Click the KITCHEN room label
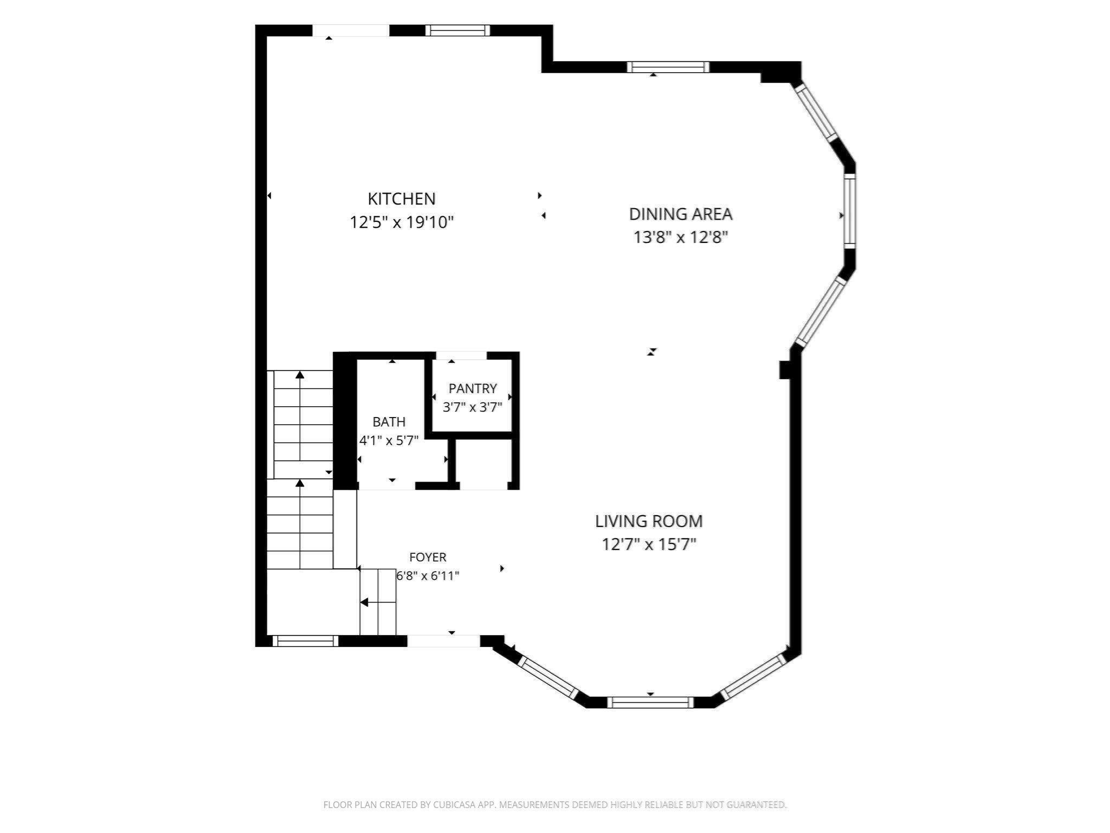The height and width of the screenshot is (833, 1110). tap(402, 199)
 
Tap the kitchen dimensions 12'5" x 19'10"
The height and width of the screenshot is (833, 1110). tap(402, 222)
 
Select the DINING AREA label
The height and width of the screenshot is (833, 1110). tap(681, 214)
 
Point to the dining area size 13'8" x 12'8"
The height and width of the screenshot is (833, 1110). tap(681, 238)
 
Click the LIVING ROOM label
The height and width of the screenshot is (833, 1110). tap(649, 521)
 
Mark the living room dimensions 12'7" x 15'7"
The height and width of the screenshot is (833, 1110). tap(649, 544)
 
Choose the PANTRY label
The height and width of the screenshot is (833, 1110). tap(473, 388)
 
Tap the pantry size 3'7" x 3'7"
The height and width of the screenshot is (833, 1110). tap(473, 407)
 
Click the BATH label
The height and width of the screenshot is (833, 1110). tap(389, 422)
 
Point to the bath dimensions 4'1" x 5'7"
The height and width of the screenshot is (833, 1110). tap(389, 440)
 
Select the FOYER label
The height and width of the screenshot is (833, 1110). tap(428, 557)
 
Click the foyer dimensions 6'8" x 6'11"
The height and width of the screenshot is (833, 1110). tap(428, 575)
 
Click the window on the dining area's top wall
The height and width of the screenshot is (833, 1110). tap(668, 67)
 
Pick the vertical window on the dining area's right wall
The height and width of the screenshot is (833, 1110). tap(849, 211)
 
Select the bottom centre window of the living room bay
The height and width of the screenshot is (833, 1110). tap(650, 702)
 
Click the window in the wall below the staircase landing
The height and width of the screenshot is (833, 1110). tap(305, 641)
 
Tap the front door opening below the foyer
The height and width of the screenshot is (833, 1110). tap(444, 641)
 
